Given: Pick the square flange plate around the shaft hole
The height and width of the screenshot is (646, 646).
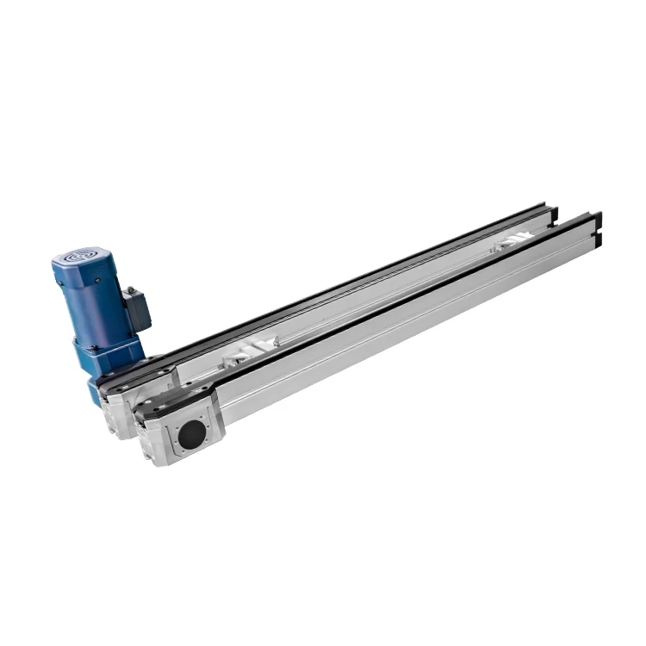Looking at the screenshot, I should (x=194, y=432).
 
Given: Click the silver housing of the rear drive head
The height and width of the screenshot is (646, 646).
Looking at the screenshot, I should (x=121, y=413).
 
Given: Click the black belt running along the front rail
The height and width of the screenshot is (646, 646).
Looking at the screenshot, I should (x=388, y=301).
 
